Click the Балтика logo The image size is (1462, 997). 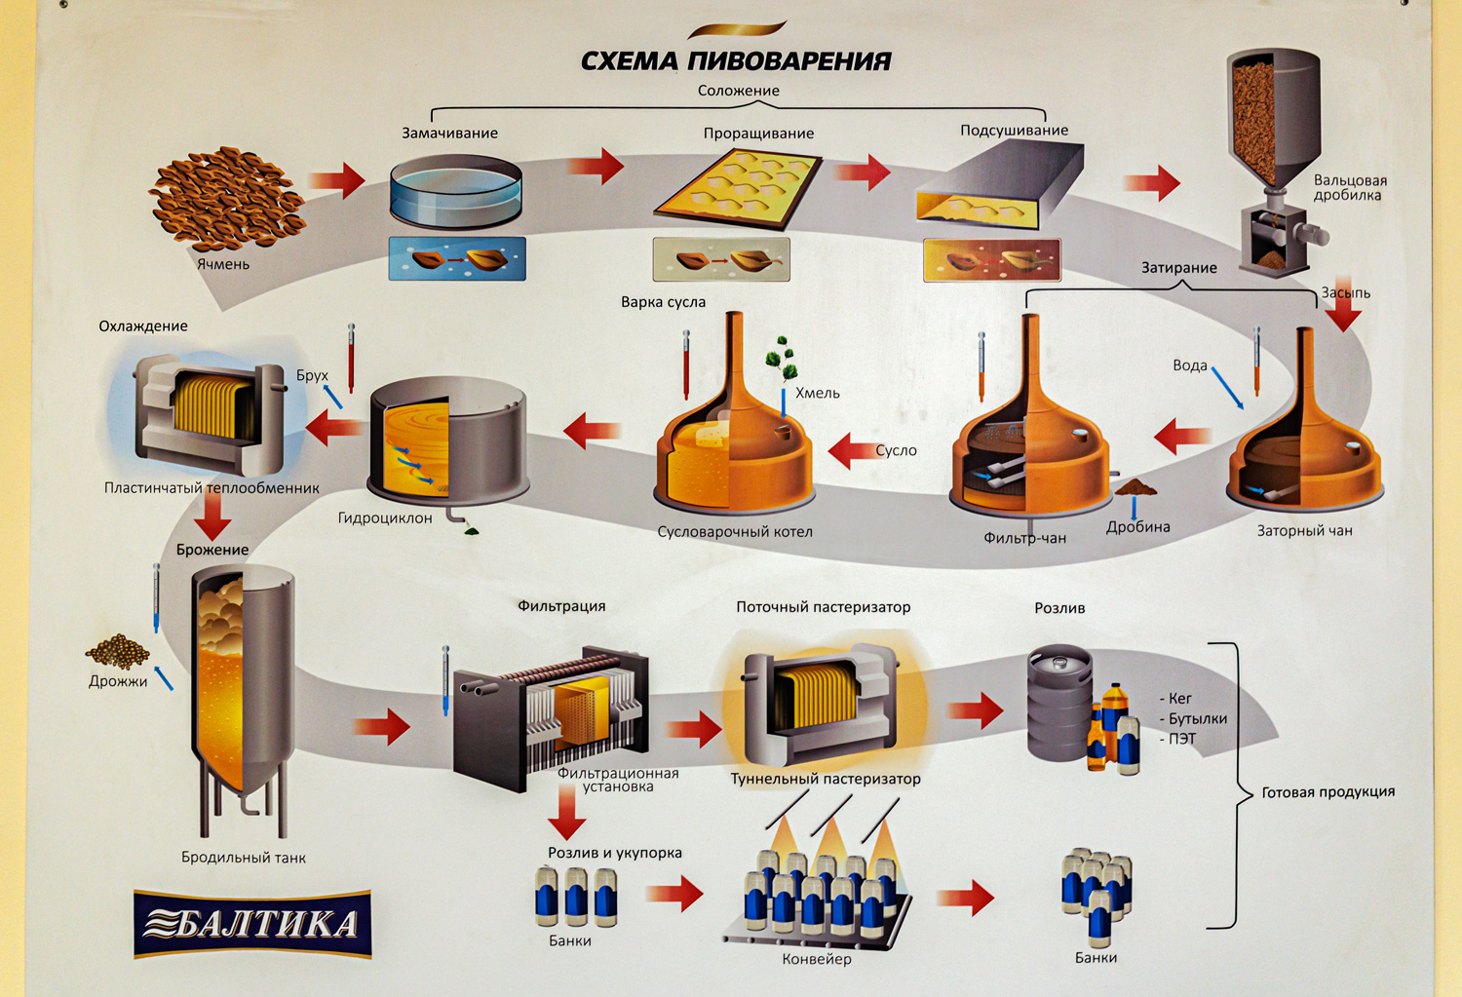point(252,923)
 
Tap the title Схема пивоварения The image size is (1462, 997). point(736,61)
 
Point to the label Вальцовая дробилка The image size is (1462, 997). point(1349,187)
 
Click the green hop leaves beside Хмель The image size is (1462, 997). point(783,360)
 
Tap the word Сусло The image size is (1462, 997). point(896,450)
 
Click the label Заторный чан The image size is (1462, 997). point(1304,531)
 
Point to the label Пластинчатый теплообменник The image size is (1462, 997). point(212,487)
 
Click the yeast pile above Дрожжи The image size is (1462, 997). point(118,651)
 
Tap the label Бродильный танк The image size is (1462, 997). point(243,858)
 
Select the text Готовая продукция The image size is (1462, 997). point(1327,792)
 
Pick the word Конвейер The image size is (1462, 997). point(817,959)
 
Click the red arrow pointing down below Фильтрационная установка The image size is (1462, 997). point(566,812)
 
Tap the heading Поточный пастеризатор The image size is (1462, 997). point(823,607)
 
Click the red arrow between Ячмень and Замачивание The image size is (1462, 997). point(336,179)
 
